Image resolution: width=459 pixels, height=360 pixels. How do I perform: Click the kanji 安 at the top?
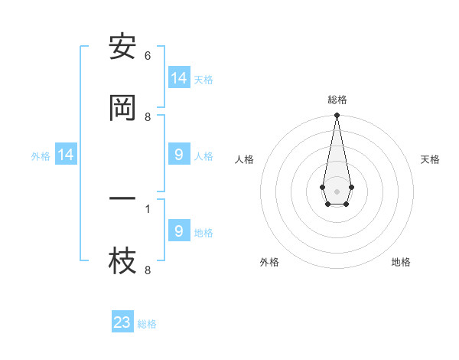122,47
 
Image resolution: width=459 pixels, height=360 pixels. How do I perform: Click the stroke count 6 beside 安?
148,56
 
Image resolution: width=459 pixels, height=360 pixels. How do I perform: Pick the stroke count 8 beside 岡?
148,117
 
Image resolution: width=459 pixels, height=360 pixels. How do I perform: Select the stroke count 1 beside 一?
148,208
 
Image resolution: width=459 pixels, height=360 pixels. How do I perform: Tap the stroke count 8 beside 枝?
148,270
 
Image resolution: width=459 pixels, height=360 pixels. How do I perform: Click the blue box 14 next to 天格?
179,78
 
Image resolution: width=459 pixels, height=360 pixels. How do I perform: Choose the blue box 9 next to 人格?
179,155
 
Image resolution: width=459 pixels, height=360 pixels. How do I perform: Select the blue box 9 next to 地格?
179,231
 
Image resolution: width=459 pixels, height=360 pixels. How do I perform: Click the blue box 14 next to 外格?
66,155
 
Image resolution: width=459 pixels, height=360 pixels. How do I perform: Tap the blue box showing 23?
122,322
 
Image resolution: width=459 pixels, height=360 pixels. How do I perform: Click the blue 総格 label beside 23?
148,324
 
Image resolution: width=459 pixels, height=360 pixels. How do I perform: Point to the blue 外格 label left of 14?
41,156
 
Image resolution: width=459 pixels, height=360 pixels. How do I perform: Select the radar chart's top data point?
337,116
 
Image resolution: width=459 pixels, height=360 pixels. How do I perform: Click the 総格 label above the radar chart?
337,100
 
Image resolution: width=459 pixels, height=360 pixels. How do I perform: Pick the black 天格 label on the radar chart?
430,159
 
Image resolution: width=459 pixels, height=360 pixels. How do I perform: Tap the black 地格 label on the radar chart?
401,262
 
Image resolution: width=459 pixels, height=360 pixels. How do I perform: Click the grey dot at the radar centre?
337,190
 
